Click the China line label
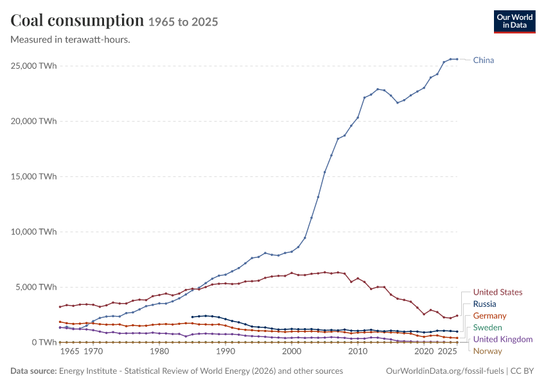483,60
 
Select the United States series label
498,292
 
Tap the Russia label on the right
484,304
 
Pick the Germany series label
489,316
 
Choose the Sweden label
488,327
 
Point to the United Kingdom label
503,339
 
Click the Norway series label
488,351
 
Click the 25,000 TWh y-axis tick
33,66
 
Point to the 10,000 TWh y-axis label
33,232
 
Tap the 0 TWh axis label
44,342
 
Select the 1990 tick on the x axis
225,351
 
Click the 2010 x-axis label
358,351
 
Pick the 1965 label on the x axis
69,351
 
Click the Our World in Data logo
515,22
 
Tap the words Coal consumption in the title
77,21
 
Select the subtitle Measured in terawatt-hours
71,40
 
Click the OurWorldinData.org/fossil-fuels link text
445,371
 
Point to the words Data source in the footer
33,371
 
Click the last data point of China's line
457,59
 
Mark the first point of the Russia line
192,317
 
